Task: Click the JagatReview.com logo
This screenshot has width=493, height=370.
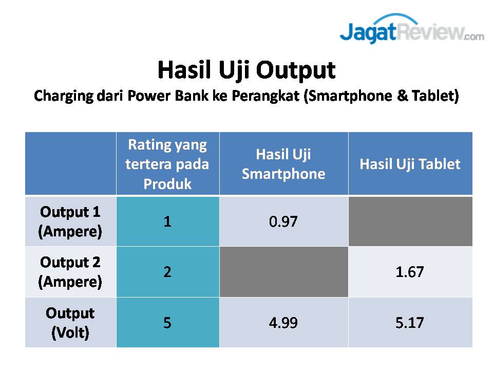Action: (412, 28)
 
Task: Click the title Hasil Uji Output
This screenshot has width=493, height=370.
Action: (246, 70)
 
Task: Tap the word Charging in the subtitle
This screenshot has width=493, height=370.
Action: (64, 96)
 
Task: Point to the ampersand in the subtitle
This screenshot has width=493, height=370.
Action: (402, 96)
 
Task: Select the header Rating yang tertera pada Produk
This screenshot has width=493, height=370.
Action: (167, 164)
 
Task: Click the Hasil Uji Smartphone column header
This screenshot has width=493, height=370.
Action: (283, 164)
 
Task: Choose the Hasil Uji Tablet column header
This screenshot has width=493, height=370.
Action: (410, 164)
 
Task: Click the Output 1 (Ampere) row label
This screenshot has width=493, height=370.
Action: (70, 221)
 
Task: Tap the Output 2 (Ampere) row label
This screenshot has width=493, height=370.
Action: (70, 272)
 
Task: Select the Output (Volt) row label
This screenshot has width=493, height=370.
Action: (70, 323)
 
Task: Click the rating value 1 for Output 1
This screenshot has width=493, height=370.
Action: (167, 221)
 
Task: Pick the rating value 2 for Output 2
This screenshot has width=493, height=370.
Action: (167, 272)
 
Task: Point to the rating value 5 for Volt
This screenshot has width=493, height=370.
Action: (167, 323)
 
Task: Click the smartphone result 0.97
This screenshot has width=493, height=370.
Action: (283, 221)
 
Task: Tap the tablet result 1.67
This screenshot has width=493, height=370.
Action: (410, 272)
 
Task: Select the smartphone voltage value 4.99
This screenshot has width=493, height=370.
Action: (283, 323)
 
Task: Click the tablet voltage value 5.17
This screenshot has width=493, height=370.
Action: (410, 323)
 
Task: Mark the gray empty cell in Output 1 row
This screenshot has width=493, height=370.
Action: (410, 221)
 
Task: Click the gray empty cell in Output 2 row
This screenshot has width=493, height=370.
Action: (284, 272)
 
